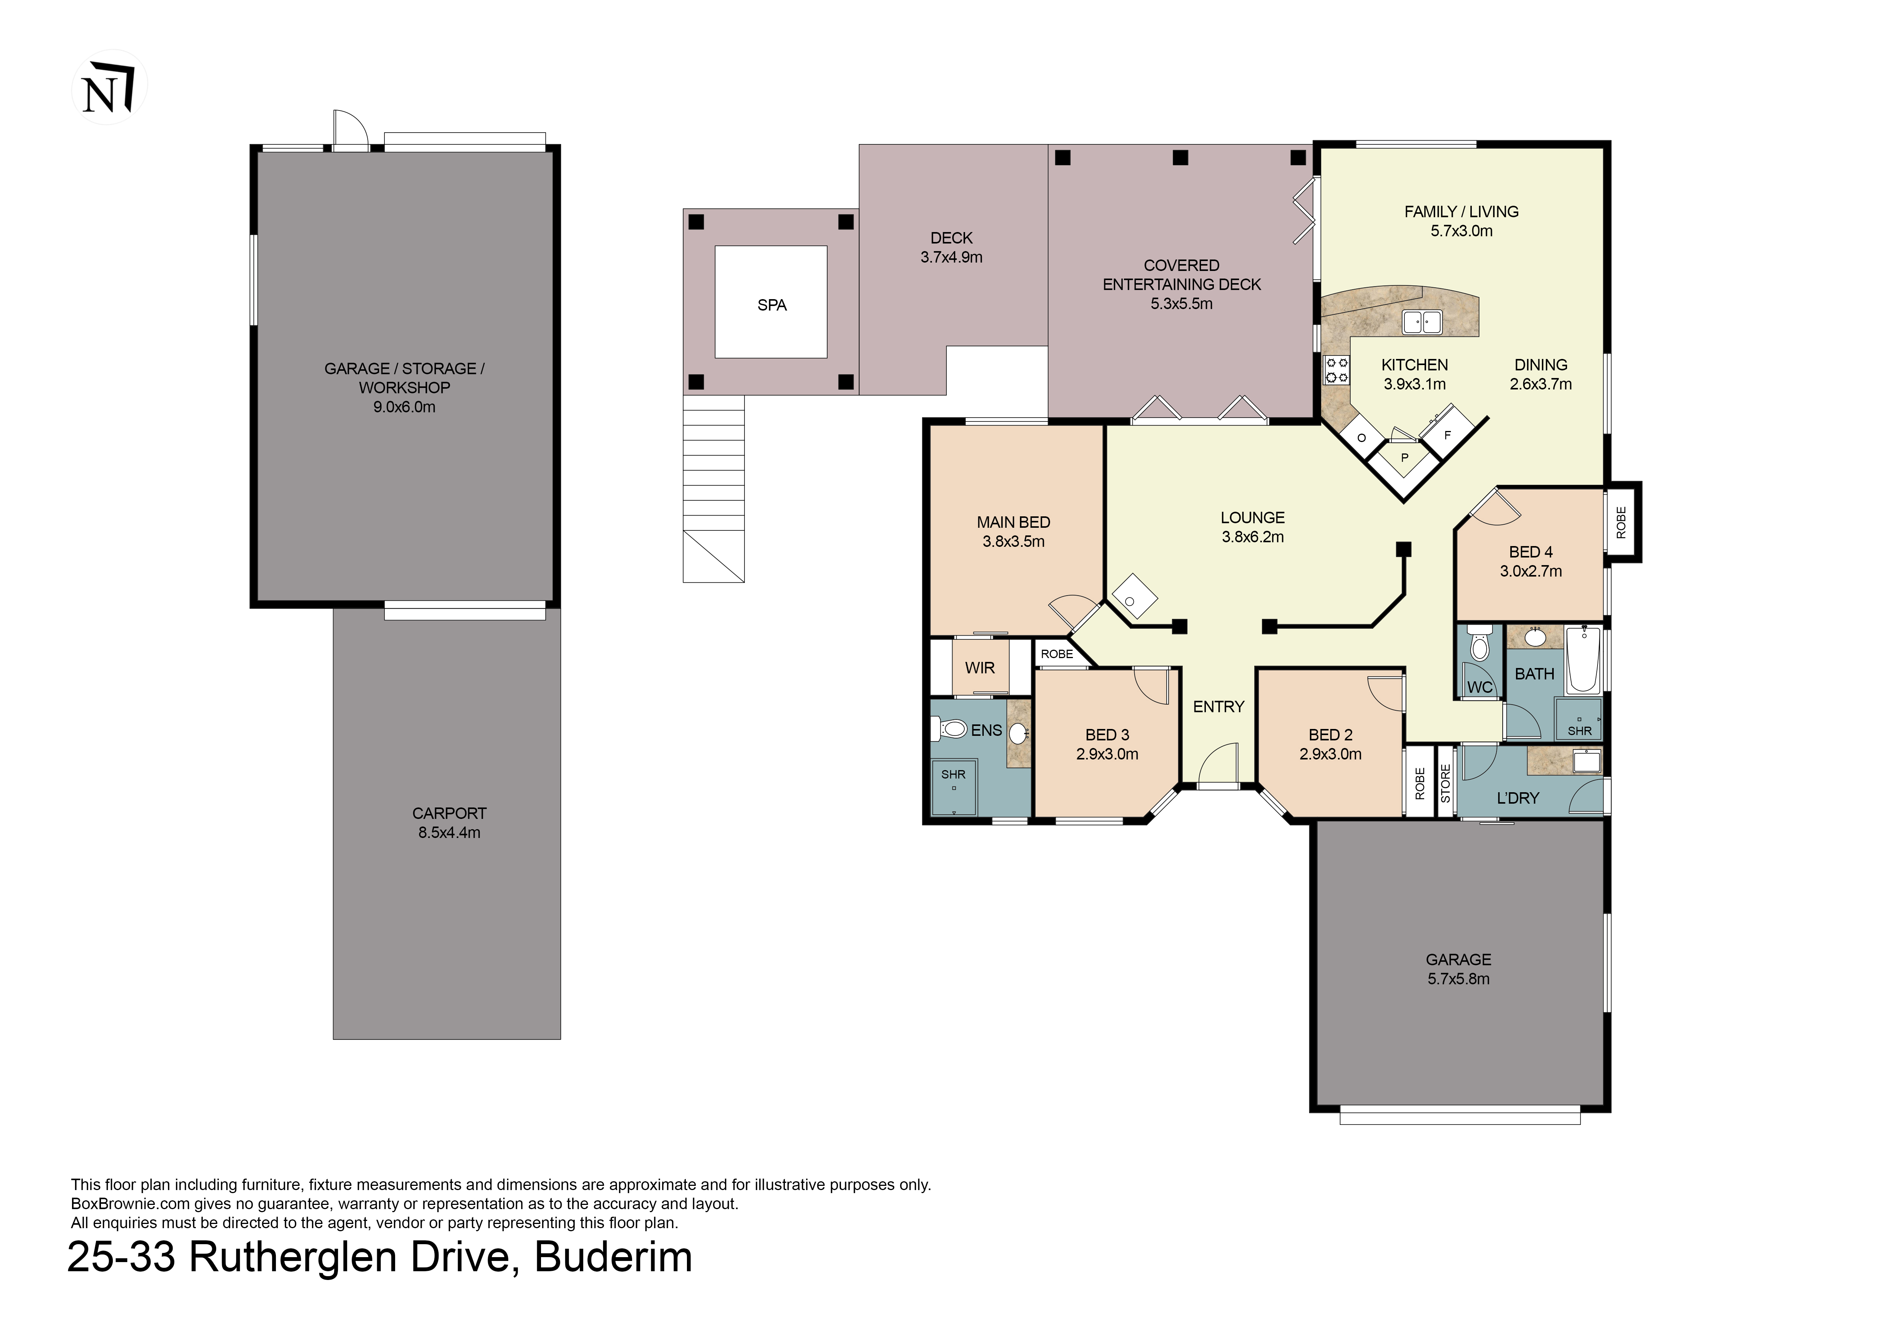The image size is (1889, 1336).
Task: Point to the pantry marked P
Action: [1404, 457]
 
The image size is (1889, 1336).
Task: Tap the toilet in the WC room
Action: [1479, 643]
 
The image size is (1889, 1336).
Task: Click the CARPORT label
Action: [449, 813]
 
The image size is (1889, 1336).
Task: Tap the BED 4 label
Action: [1530, 552]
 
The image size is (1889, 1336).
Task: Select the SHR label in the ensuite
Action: [954, 774]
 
